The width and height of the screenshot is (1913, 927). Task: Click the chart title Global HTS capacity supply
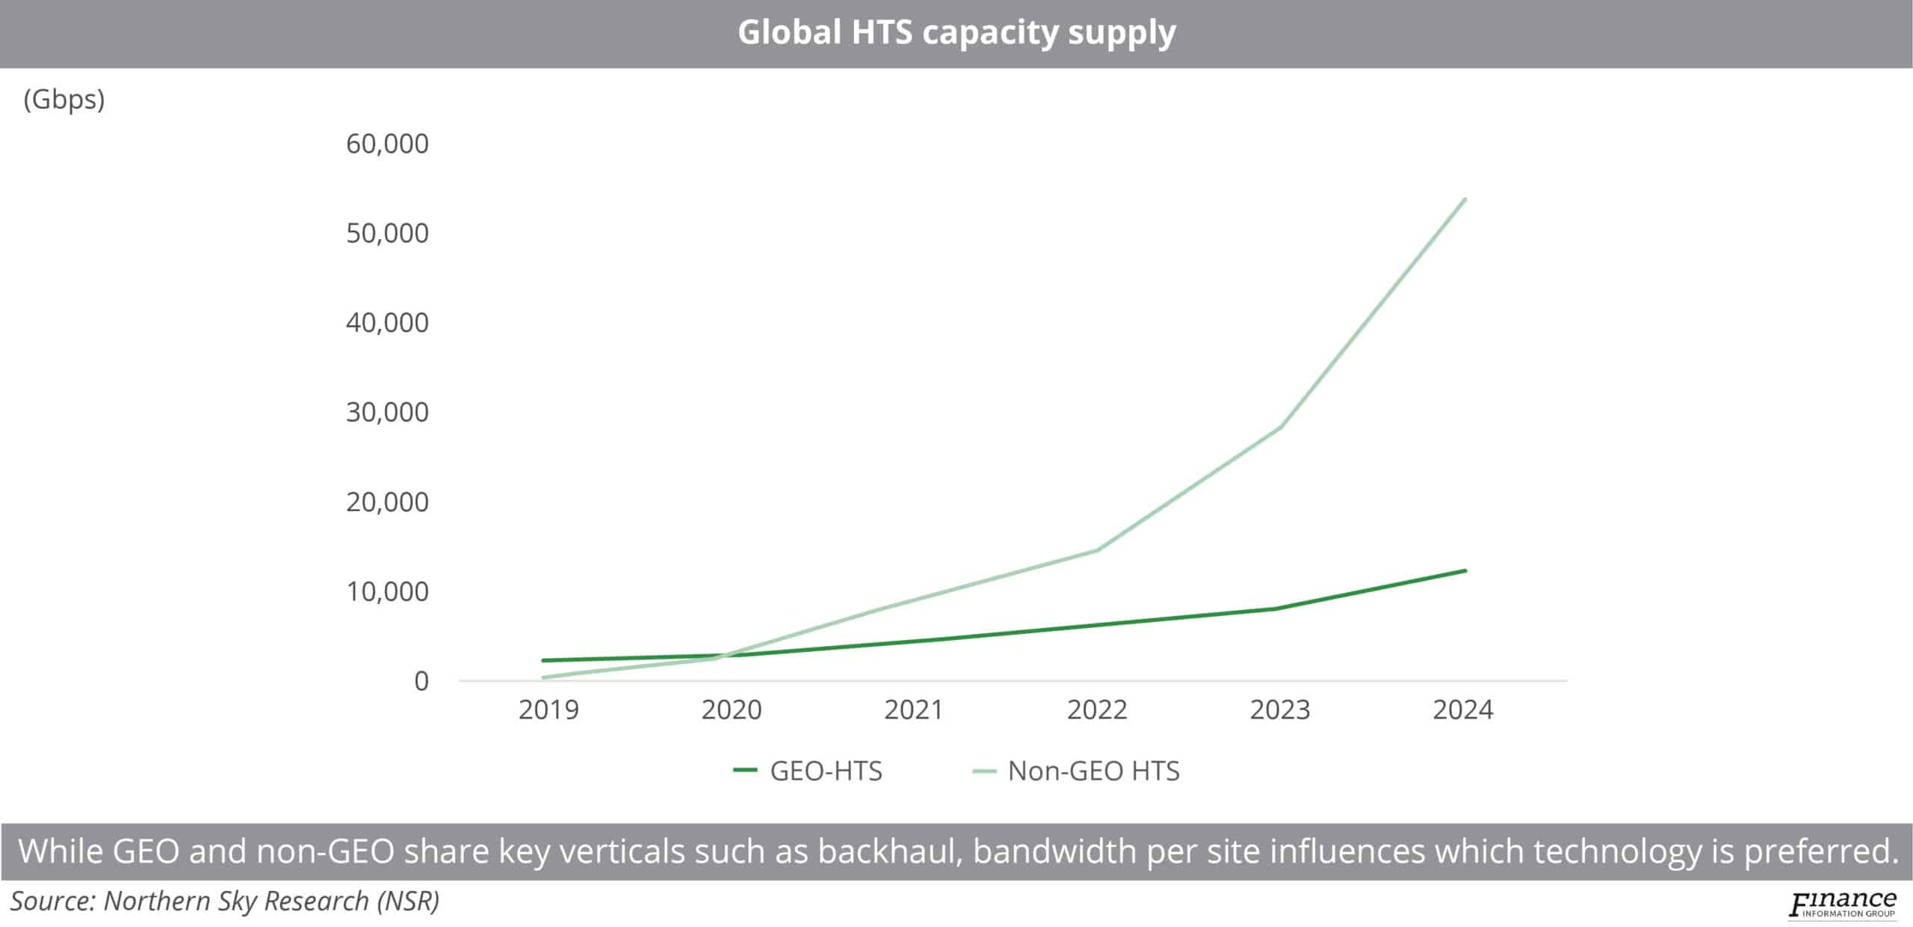(x=956, y=33)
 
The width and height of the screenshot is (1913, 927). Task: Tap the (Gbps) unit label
(x=64, y=99)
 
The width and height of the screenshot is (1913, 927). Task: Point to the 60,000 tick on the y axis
(x=387, y=144)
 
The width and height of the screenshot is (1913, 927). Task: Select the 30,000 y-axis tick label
(x=387, y=412)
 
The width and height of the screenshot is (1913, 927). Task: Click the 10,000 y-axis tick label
(x=387, y=591)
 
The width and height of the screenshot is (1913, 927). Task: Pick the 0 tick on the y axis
(x=421, y=681)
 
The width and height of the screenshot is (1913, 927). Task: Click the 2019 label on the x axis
(x=548, y=709)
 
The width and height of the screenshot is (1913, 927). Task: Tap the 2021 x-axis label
(x=914, y=709)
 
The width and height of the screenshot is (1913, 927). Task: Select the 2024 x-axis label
(x=1462, y=709)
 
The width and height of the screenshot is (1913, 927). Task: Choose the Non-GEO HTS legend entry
(x=1076, y=771)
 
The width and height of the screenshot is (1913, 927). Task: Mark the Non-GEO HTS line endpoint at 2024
(x=1465, y=200)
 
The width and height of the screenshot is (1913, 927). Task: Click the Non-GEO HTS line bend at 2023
(x=1281, y=428)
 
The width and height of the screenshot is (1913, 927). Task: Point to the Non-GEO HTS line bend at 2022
(x=1097, y=550)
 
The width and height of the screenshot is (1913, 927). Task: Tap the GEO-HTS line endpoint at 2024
(x=1465, y=571)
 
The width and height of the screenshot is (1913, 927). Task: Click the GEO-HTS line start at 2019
(x=544, y=660)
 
